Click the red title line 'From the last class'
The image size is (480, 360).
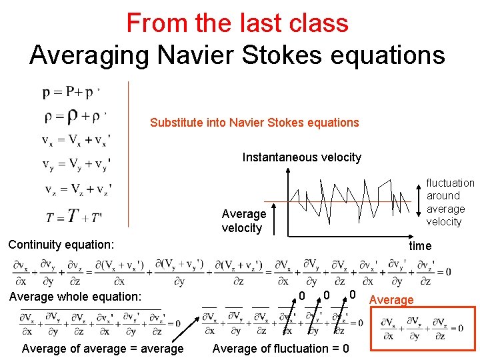pos(237,23)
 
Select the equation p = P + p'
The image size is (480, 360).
pos(72,92)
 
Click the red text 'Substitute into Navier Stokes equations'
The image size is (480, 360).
pos(254,123)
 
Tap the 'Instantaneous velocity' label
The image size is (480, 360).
pos(301,157)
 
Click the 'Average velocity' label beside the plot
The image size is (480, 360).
pos(243,221)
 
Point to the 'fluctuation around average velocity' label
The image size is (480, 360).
pos(451,202)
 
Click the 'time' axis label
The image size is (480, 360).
pos(420,246)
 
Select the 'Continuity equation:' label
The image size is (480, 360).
pos(61,245)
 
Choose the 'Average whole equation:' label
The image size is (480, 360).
pos(75,296)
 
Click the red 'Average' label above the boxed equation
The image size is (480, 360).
pos(391,300)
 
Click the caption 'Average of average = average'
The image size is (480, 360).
pos(103,348)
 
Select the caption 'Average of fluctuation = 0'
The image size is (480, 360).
pos(280,348)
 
